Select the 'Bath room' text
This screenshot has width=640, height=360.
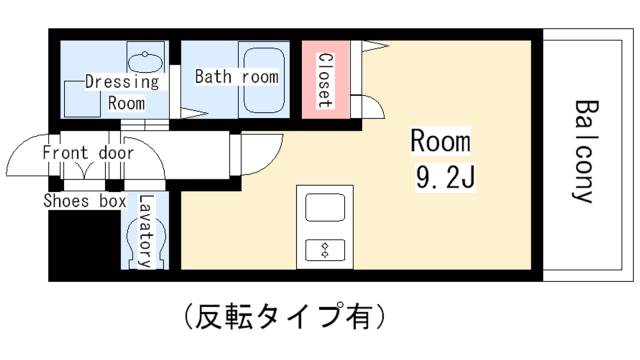tap(236, 76)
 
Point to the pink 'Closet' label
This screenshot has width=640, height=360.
tap(325, 77)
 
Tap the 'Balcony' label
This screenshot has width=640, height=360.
tap(585, 150)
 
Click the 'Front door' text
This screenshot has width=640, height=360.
tap(88, 153)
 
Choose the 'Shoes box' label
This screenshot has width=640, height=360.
tap(84, 201)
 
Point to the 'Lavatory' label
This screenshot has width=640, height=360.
tap(146, 231)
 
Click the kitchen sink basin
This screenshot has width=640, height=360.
tap(325, 210)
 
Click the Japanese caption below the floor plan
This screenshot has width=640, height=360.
tap(284, 317)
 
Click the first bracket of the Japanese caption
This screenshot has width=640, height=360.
tap(188, 317)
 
